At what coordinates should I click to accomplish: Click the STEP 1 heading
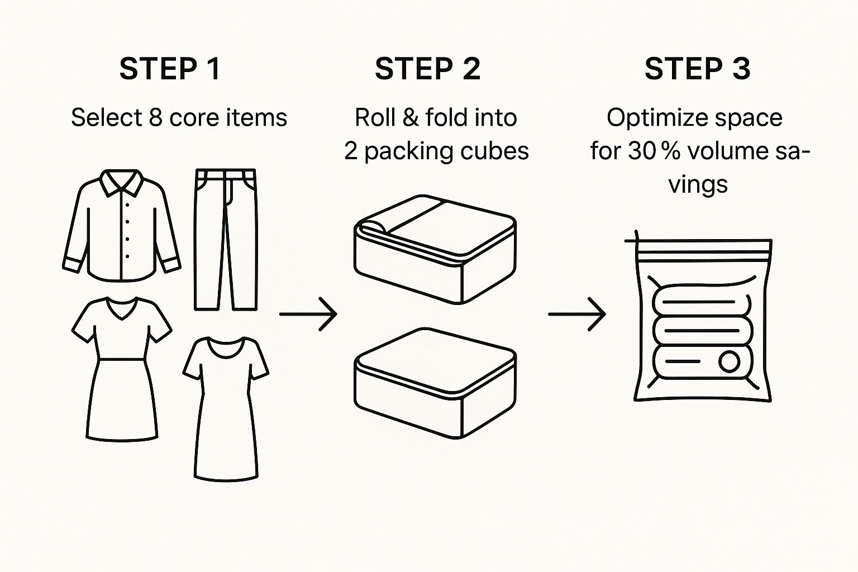tap(170, 69)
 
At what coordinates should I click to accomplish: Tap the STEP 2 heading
tap(427, 69)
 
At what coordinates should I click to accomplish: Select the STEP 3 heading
tap(697, 69)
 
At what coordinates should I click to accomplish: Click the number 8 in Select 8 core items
tap(155, 118)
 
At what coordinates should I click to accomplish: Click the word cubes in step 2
tap(499, 151)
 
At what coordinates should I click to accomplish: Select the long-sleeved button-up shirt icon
tap(121, 226)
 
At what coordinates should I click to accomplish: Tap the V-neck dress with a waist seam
tap(121, 369)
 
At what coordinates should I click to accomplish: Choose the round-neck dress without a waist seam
tap(226, 408)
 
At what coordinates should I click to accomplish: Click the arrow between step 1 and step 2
tap(308, 314)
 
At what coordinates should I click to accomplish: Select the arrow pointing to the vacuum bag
tap(577, 314)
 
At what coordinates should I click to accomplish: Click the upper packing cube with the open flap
tap(435, 249)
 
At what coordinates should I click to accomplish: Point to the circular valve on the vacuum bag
tap(729, 361)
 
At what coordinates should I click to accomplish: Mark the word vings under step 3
tap(698, 185)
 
